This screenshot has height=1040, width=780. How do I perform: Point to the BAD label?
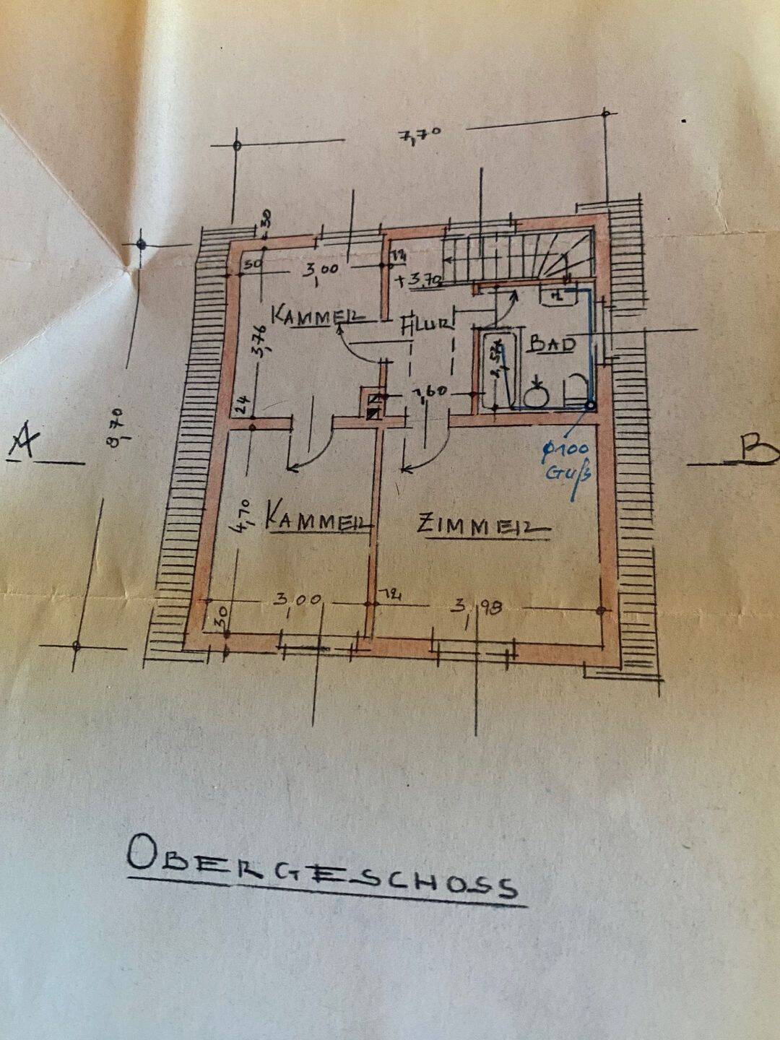tap(552, 344)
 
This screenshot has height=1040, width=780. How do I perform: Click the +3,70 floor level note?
tap(418, 279)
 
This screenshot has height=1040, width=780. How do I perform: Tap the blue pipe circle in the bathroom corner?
tap(590, 407)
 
